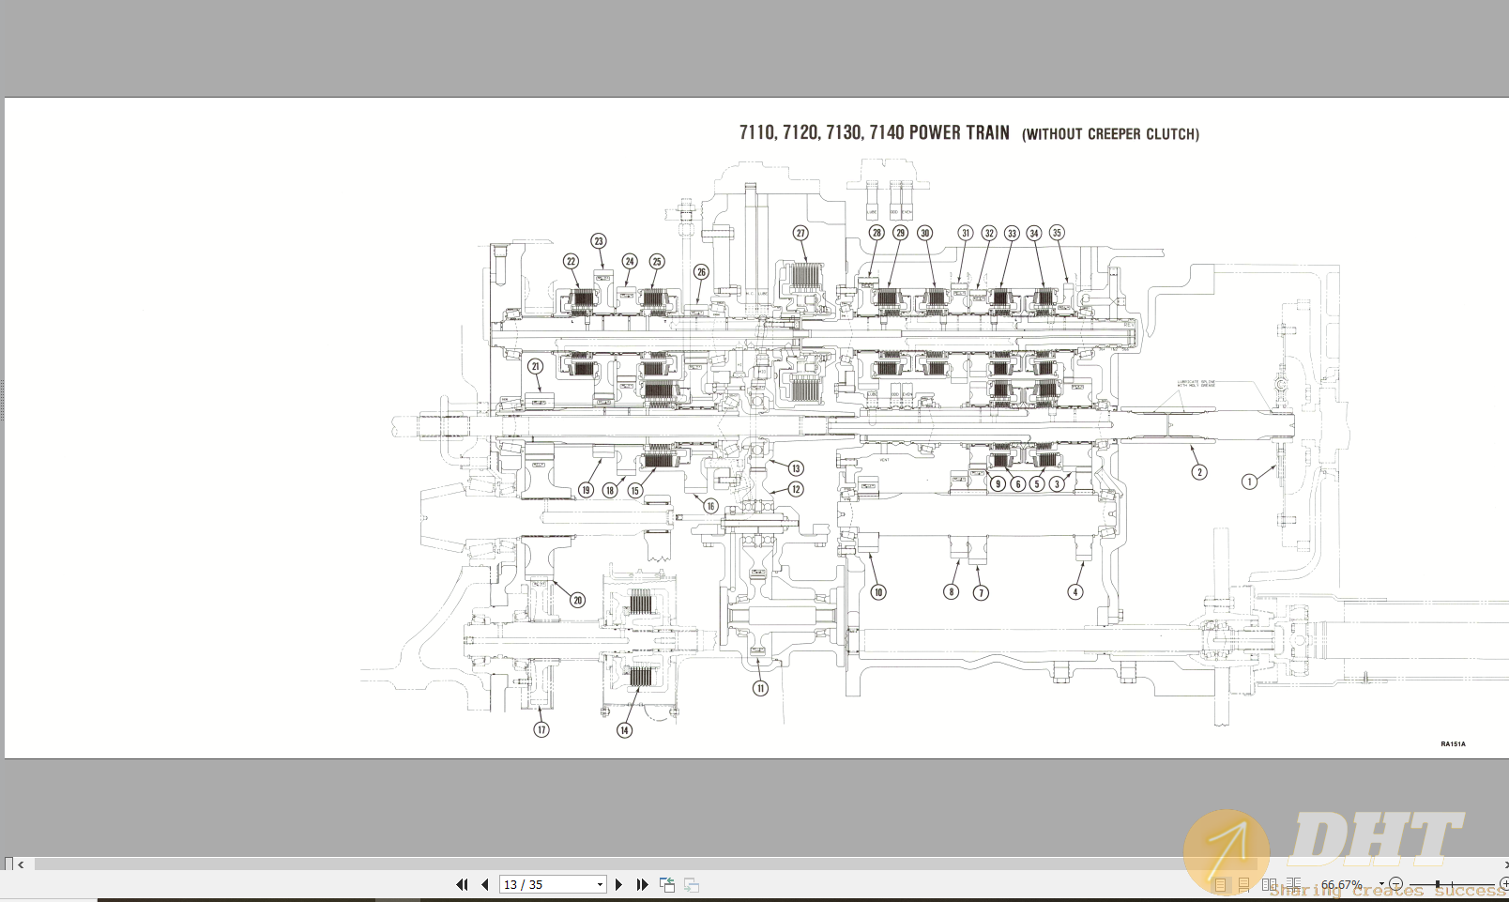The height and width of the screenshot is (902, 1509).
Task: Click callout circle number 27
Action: pos(800,233)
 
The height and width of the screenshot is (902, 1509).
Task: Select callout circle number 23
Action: pos(599,241)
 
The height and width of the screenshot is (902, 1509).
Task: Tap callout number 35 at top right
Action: pos(1057,233)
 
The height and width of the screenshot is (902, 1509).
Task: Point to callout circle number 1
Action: pos(1249,482)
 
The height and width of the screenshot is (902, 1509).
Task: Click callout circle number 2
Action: pos(1199,472)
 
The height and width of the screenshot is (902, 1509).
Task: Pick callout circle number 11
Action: pos(760,688)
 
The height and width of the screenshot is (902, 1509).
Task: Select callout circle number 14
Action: pos(625,729)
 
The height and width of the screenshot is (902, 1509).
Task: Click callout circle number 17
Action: pos(541,729)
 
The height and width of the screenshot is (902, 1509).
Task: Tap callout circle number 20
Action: pos(578,600)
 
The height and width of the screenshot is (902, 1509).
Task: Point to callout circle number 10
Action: pos(878,592)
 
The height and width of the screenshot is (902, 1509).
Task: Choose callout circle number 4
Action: pos(1075,592)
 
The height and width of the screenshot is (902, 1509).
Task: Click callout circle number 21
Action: pos(535,366)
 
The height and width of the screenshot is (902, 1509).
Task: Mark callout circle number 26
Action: pos(701,272)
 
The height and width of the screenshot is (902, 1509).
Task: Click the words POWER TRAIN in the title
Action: pos(959,132)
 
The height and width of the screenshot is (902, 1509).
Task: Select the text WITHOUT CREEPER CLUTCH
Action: pos(1110,134)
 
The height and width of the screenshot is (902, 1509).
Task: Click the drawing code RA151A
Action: pos(1453,744)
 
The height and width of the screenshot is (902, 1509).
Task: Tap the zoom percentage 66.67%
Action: pos(1341,884)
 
